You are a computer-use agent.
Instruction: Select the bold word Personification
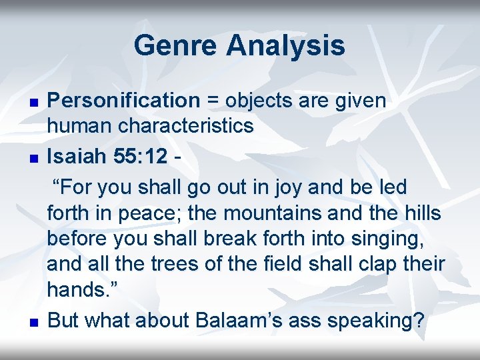(x=123, y=101)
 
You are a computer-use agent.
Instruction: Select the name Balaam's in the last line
(x=249, y=320)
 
